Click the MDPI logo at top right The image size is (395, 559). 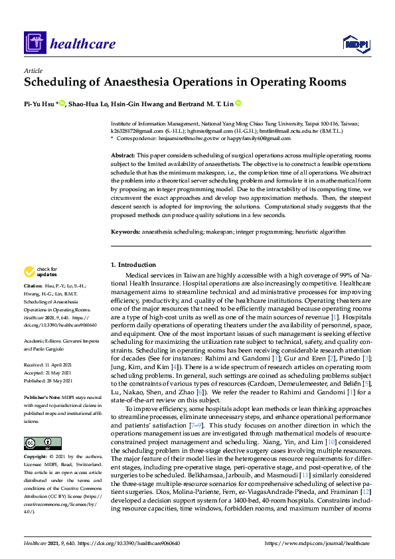tap(355, 44)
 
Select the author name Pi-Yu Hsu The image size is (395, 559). tap(40, 104)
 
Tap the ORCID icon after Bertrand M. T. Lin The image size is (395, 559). tap(238, 104)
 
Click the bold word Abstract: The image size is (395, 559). tap(123, 154)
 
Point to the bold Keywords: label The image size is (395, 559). tap(125, 232)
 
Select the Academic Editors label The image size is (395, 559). tap(44, 339)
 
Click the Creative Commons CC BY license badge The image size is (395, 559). tap(37, 443)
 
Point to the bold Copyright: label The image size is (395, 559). tap(37, 457)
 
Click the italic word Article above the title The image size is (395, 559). tap(33, 70)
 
